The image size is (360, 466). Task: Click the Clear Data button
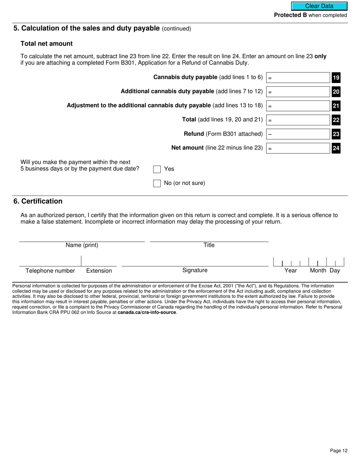tap(319, 6)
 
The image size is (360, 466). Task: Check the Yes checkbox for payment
tap(157, 169)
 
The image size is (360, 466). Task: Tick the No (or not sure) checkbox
tap(157, 183)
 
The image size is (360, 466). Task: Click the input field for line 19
tap(298, 78)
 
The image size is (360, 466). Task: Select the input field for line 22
tap(298, 120)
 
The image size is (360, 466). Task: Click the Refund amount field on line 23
tap(298, 134)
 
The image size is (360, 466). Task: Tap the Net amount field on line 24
tap(298, 148)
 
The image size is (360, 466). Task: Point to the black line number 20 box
tap(336, 92)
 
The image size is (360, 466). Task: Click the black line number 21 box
tap(336, 106)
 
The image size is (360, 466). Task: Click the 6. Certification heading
tap(38, 201)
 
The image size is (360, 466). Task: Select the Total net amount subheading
tap(47, 44)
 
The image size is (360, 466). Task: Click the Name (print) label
tap(82, 245)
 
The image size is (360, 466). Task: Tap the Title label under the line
tap(209, 245)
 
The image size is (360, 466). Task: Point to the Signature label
tap(195, 270)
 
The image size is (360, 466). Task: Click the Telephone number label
tap(50, 271)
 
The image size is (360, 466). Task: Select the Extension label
tap(99, 271)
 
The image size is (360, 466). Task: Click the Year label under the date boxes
tap(291, 271)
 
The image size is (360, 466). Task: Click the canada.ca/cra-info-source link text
tap(147, 313)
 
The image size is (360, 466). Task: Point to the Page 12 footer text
tap(338, 450)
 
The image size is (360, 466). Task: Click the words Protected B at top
tap(290, 15)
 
